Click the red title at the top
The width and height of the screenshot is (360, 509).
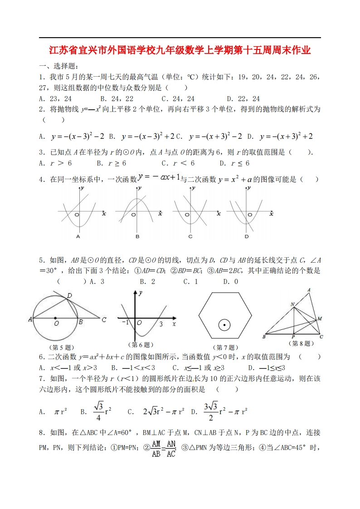pyautogui.click(x=180, y=50)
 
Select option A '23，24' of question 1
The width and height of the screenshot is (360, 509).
pyautogui.click(x=56, y=98)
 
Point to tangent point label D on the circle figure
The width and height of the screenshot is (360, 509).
pyautogui.click(x=69, y=296)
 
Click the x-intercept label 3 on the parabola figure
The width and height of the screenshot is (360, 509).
pyautogui.click(x=161, y=324)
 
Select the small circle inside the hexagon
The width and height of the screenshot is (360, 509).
pyautogui.click(x=224, y=325)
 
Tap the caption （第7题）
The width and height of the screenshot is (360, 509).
pyautogui.click(x=225, y=347)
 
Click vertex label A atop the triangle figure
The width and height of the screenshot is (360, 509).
pyautogui.click(x=309, y=290)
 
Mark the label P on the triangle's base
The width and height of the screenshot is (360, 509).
pyautogui.click(x=293, y=337)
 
